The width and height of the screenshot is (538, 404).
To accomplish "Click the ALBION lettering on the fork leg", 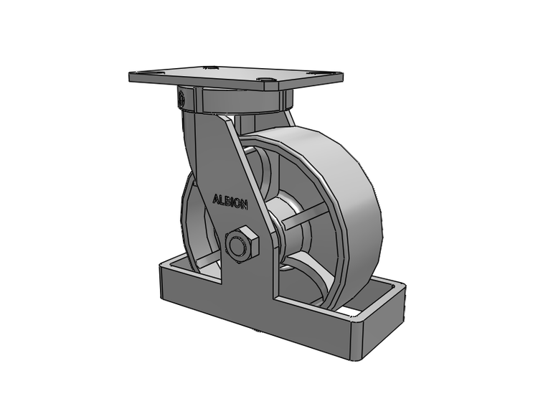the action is click(230, 202).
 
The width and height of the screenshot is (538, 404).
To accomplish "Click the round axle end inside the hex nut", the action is click(237, 245).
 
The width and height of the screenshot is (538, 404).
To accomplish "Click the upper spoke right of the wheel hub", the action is click(305, 214).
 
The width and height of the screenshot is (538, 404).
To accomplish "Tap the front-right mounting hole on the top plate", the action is click(268, 80).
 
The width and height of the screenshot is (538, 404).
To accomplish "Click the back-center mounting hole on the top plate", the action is click(211, 67).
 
